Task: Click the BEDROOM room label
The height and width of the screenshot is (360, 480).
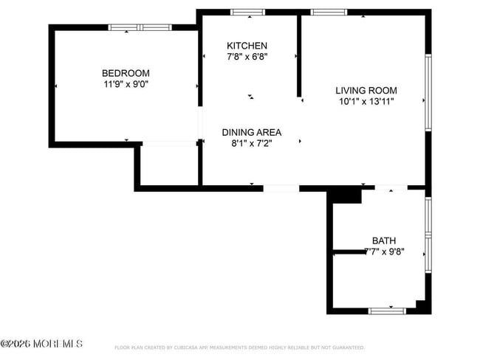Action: pos(126,73)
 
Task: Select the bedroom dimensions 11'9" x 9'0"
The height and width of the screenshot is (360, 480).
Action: pos(126,84)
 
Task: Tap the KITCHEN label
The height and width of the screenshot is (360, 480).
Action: pos(247,46)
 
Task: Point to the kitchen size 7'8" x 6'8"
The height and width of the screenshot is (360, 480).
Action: pos(247,57)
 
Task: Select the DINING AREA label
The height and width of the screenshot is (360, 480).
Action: pos(252,132)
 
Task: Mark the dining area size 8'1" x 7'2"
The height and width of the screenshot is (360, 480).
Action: pos(252,144)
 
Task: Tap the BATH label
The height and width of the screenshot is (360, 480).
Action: pos(384,240)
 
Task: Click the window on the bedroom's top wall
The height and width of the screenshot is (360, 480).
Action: pos(140,28)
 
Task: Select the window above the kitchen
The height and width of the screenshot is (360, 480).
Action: pos(247,13)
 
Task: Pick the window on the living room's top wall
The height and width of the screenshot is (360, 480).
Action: pos(329,13)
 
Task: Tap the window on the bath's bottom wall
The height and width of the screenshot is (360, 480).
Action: pos(387,311)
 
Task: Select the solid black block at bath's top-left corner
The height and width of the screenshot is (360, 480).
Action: pos(343,195)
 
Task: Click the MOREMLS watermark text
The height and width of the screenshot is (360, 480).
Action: pos(42,344)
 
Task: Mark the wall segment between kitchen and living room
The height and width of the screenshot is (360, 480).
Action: pos(299,55)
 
